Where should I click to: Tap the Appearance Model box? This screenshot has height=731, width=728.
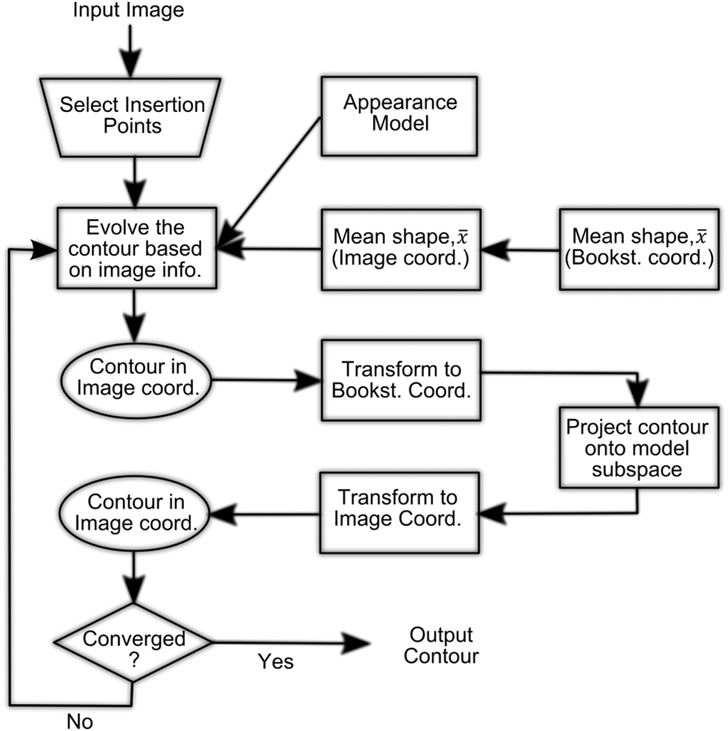[x=399, y=116]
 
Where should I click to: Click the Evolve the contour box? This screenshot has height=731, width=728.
[x=137, y=248]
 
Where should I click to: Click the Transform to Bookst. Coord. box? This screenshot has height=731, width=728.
[x=401, y=380]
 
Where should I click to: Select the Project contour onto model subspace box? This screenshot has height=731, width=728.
[x=639, y=447]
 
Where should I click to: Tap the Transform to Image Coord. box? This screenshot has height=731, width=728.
[x=399, y=513]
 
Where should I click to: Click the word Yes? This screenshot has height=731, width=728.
[x=276, y=661]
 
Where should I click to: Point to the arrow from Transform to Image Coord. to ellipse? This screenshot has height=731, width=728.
[x=265, y=514]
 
